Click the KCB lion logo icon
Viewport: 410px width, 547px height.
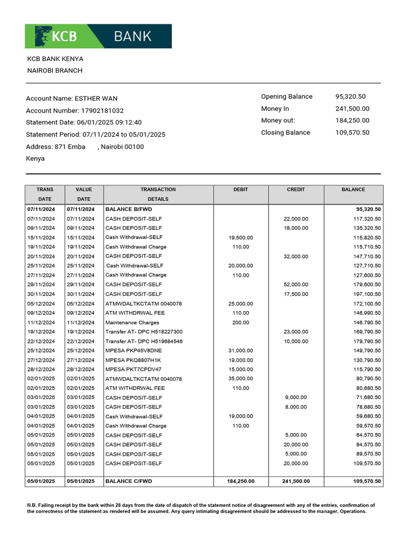click(43, 36)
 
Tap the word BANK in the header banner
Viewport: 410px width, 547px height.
click(132, 36)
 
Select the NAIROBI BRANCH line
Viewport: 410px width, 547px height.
click(55, 71)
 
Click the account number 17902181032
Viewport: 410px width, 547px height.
click(102, 111)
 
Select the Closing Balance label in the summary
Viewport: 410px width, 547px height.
click(285, 132)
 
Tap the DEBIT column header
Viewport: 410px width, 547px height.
click(241, 190)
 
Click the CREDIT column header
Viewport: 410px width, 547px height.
click(296, 190)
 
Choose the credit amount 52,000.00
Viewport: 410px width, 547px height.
click(296, 285)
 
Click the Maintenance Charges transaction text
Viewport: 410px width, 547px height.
click(132, 323)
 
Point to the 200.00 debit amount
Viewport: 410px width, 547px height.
click(240, 323)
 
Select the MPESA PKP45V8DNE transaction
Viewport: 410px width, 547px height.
click(133, 351)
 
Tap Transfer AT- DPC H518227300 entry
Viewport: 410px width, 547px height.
click(144, 332)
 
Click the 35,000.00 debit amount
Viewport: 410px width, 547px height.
click(240, 379)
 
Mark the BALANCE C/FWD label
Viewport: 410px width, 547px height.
click(129, 481)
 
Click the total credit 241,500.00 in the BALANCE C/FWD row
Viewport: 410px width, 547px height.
click(296, 481)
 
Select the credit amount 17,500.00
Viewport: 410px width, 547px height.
click(296, 294)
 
